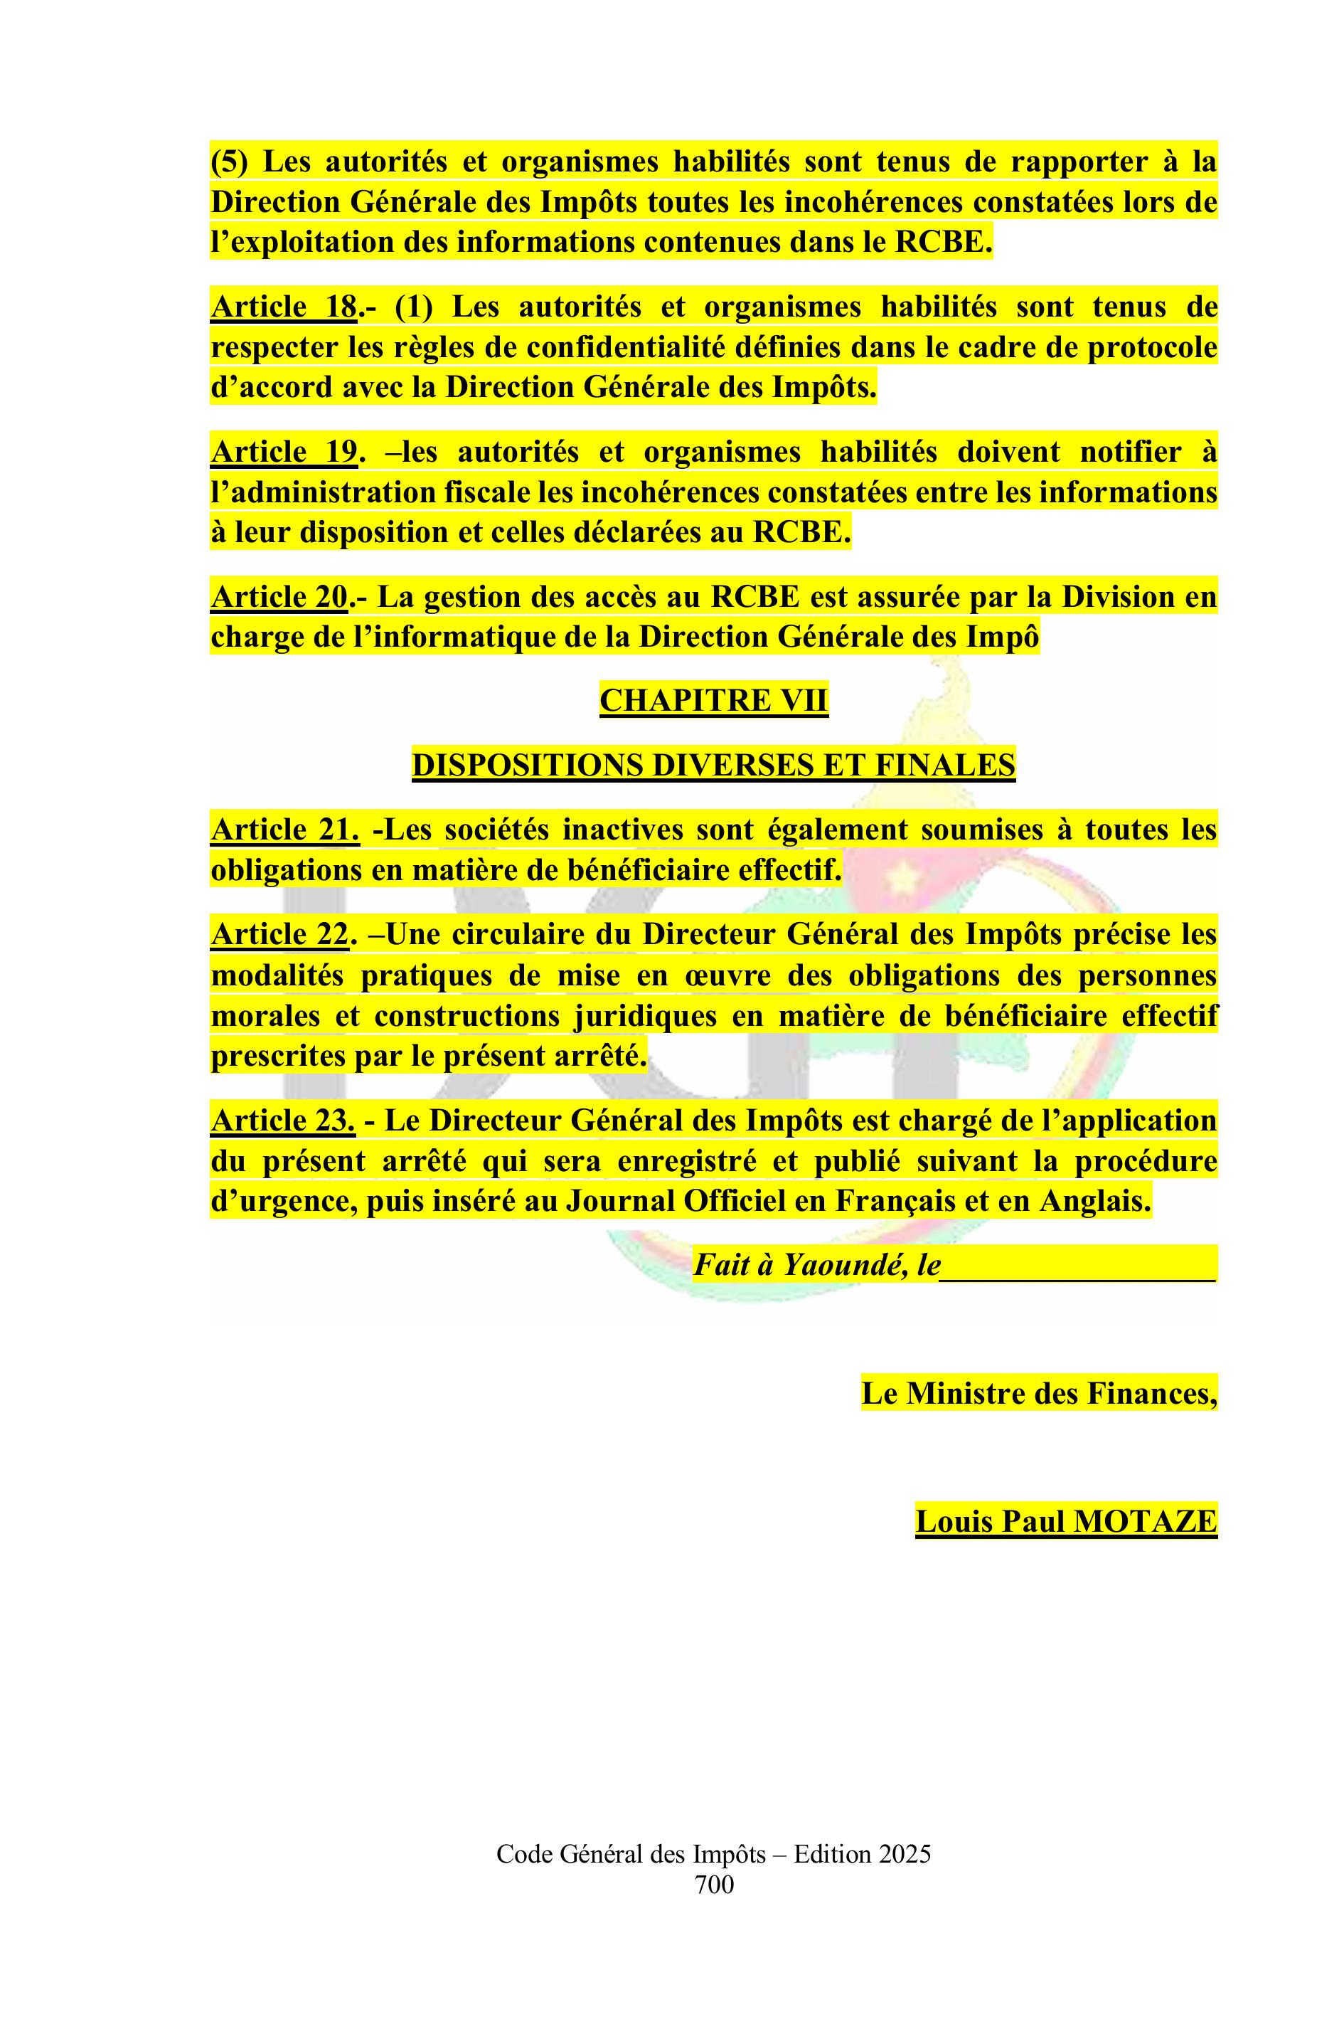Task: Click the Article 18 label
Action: [x=283, y=307]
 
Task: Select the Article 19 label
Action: [x=283, y=452]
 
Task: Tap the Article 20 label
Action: [x=279, y=597]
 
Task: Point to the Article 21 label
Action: [x=284, y=830]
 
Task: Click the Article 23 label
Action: [x=283, y=1121]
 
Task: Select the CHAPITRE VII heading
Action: [x=713, y=701]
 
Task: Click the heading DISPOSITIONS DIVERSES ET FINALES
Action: [x=713, y=764]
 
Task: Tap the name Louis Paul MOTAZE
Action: [x=1065, y=1521]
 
